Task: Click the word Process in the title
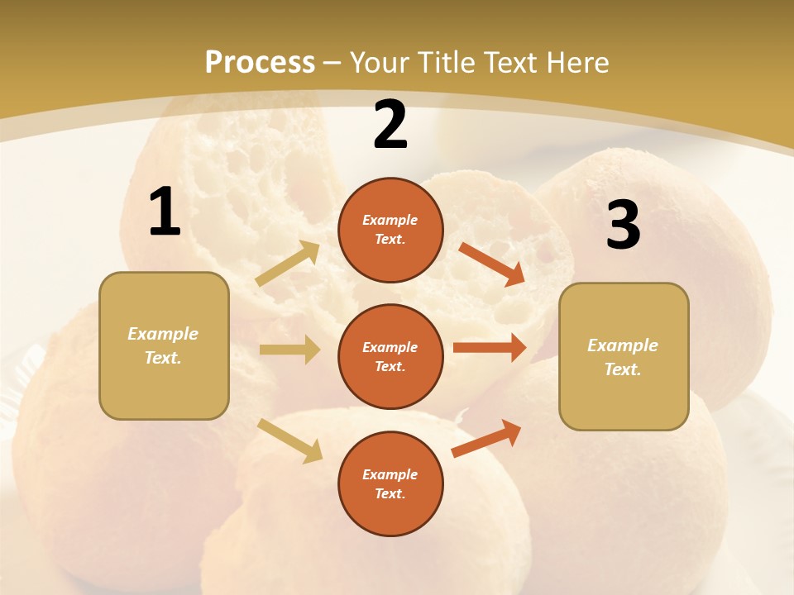coord(260,63)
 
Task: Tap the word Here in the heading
coord(576,63)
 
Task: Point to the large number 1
coord(165,212)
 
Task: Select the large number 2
coord(390,125)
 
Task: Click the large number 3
coord(623,226)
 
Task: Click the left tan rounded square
coord(164,345)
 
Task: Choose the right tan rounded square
coord(624,357)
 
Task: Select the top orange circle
coord(390,230)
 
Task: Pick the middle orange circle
coord(390,356)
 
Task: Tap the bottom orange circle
coord(390,483)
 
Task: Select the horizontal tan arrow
coord(289,350)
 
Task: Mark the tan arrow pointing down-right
coord(290,440)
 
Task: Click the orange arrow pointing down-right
coord(492,264)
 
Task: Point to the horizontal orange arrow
coord(490,348)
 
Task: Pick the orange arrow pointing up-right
coord(486,438)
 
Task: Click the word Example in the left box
coord(163,334)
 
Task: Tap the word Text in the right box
coord(622,369)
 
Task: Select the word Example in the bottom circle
coord(390,474)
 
